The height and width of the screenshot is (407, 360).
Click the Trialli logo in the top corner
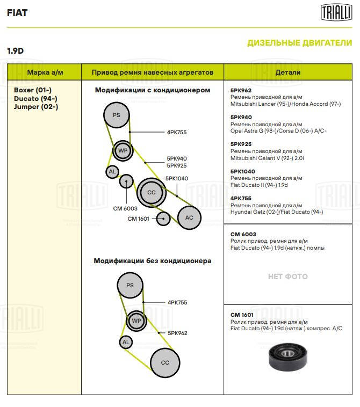click(x=336, y=12)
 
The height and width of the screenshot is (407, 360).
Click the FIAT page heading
click(x=17, y=13)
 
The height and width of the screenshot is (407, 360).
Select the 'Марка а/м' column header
click(x=45, y=72)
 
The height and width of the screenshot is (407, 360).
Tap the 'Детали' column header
click(x=288, y=72)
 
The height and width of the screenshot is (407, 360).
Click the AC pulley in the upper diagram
click(x=189, y=217)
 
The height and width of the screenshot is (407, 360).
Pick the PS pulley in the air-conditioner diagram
click(x=117, y=115)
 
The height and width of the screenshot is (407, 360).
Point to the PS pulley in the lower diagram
click(x=130, y=285)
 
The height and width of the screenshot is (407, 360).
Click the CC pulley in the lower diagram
click(x=165, y=362)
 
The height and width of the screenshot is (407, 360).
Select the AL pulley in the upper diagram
click(x=112, y=172)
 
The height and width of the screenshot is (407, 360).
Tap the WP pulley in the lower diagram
click(x=136, y=321)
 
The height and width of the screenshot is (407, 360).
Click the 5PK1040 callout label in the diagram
click(x=177, y=179)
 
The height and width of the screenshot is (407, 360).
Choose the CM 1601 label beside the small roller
click(x=139, y=219)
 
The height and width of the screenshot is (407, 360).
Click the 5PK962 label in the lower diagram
click(x=177, y=333)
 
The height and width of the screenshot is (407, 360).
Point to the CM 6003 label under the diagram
click(x=125, y=208)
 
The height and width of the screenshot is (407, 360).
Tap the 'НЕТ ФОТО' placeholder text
click(x=288, y=277)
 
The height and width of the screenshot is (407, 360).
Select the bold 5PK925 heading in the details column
click(x=241, y=144)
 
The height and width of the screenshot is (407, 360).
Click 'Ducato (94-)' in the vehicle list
click(x=35, y=98)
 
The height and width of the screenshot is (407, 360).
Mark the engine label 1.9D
click(x=16, y=50)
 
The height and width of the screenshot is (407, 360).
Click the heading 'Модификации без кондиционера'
click(x=153, y=260)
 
